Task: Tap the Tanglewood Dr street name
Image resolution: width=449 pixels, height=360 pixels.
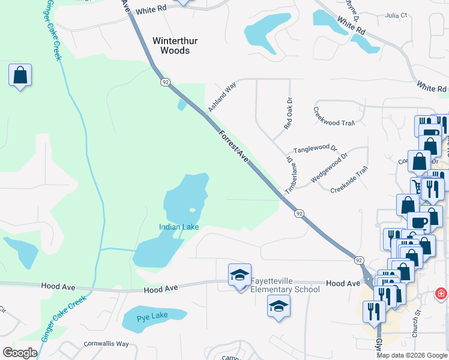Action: (315, 149)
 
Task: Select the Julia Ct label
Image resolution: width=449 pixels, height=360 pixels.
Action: (396, 15)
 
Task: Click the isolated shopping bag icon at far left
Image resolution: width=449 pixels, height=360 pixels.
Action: (20, 76)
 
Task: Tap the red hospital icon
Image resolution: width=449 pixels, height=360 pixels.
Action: (441, 293)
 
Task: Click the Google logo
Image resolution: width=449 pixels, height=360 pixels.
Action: (20, 352)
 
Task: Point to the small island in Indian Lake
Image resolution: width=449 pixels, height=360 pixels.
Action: (192, 209)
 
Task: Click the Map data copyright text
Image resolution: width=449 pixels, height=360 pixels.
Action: (412, 355)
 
